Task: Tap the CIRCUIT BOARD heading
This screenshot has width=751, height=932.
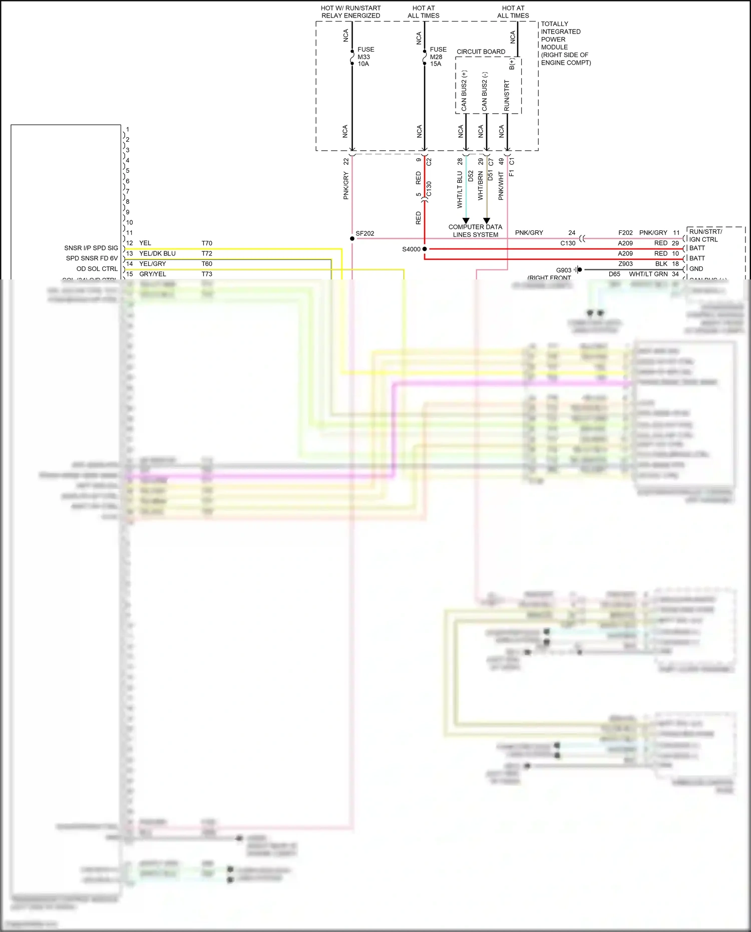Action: (x=481, y=52)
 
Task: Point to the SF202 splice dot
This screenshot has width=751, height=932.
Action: (x=352, y=238)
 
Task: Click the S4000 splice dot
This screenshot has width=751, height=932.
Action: (x=425, y=249)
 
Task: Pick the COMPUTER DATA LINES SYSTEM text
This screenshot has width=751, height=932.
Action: (x=475, y=231)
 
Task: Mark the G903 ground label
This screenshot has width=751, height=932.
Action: (x=563, y=270)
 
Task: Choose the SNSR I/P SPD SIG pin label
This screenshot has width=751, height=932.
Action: (x=91, y=248)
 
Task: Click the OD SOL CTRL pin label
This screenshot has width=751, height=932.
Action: (x=97, y=269)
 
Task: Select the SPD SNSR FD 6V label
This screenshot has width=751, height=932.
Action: (x=92, y=258)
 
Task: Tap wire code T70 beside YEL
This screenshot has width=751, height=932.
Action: (x=207, y=243)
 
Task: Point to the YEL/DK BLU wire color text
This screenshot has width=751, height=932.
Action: (x=157, y=254)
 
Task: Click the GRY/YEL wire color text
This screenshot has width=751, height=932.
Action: (x=152, y=274)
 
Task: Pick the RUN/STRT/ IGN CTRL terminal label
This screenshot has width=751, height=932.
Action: (x=705, y=235)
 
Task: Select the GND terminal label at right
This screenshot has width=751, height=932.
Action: (x=696, y=269)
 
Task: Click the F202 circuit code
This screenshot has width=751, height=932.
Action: (x=625, y=233)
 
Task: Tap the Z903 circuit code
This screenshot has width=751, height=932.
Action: (x=625, y=264)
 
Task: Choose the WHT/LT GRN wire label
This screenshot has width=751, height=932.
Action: (x=648, y=274)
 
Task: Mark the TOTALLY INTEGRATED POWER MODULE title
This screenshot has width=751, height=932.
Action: (x=565, y=43)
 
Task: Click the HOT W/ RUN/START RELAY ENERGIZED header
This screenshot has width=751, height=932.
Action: (x=350, y=12)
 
